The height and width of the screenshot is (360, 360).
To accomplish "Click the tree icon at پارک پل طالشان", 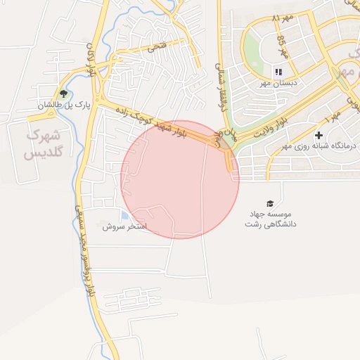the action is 64,94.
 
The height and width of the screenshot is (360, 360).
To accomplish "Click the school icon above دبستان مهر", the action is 278,72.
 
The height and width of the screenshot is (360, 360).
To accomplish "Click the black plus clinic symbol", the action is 319,134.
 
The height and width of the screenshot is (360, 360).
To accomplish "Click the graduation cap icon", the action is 271,203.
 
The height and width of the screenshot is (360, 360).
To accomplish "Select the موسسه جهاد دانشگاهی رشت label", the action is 271,218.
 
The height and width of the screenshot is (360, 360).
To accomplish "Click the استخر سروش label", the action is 124,227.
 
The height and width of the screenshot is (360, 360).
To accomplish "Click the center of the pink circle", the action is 180,179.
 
